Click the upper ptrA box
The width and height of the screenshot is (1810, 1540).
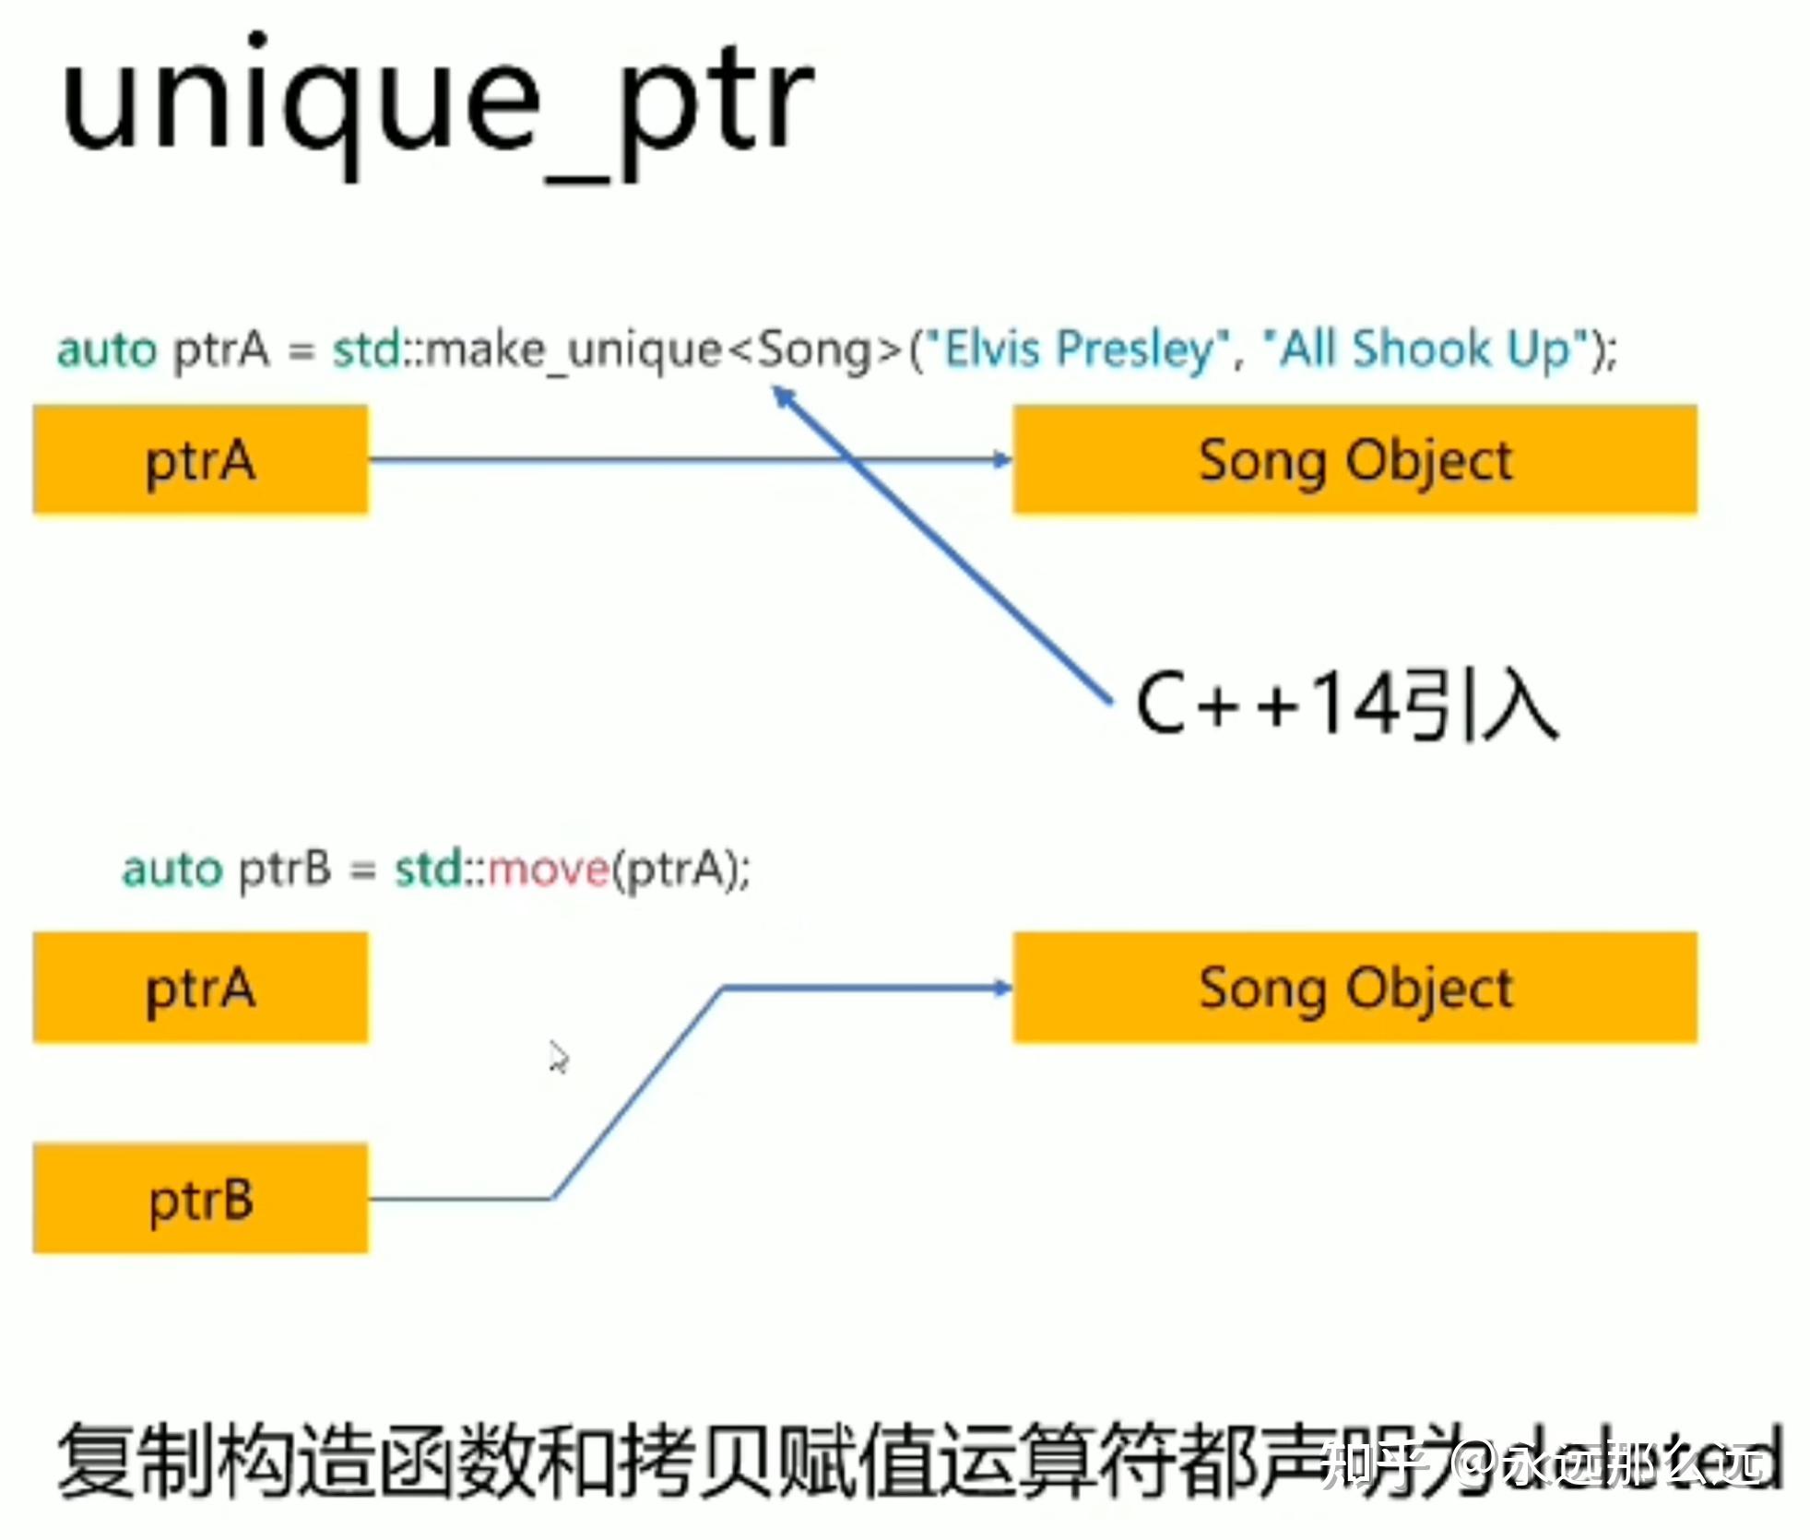tap(200, 459)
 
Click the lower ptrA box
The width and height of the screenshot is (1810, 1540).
tap(200, 987)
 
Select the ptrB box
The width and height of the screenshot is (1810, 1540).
tap(200, 1198)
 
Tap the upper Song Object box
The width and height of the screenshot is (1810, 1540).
tap(1354, 459)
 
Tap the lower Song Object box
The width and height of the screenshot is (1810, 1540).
tap(1354, 987)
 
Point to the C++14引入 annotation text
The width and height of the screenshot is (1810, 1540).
tap(1346, 705)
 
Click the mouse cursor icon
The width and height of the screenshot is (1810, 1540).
tap(558, 1057)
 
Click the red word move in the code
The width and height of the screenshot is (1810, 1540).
tap(548, 869)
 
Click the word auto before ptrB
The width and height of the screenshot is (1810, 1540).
tap(172, 869)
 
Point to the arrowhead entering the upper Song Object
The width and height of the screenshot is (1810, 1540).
tap(1002, 459)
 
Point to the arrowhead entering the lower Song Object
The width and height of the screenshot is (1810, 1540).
tap(1002, 988)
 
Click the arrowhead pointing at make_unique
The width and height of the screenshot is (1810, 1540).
tap(783, 397)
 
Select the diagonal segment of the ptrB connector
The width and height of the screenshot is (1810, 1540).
tap(636, 1094)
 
